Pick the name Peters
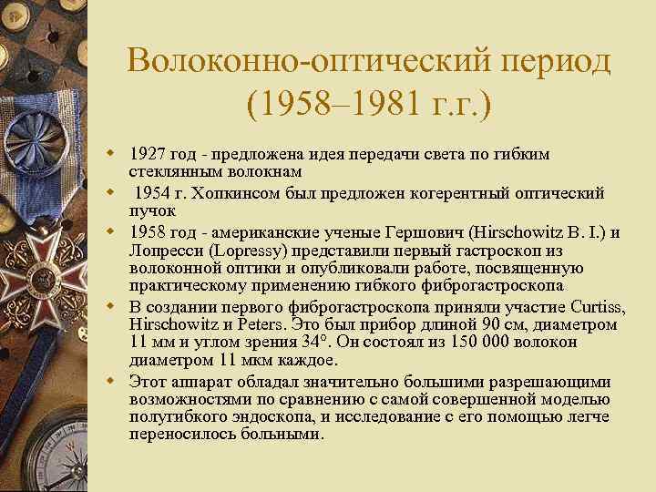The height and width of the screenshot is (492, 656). tap(253, 325)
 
